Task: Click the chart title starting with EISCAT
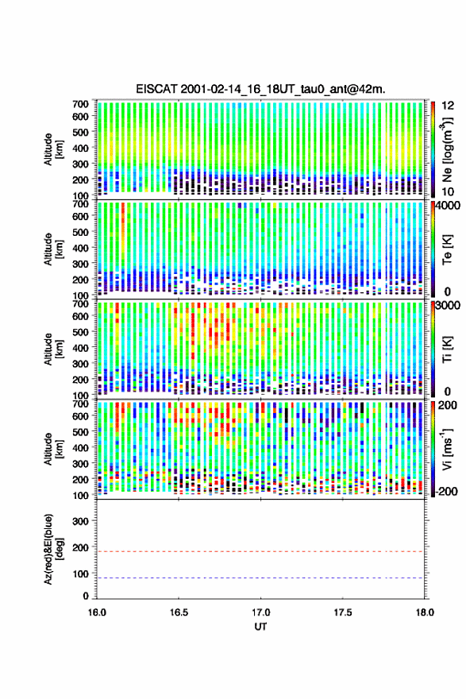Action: pyautogui.click(x=260, y=89)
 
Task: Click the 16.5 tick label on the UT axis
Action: pyautogui.click(x=179, y=612)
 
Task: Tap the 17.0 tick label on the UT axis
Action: pyautogui.click(x=260, y=612)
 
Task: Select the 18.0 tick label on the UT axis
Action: pyautogui.click(x=425, y=612)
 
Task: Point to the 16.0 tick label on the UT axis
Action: pyautogui.click(x=97, y=612)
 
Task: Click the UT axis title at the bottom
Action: pyautogui.click(x=260, y=627)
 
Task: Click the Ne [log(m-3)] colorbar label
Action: pyautogui.click(x=447, y=149)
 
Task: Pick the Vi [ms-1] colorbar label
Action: pyautogui.click(x=447, y=450)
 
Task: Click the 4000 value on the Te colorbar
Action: pyautogui.click(x=449, y=208)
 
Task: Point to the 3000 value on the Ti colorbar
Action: pyautogui.click(x=449, y=305)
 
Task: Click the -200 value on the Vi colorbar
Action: pyautogui.click(x=447, y=491)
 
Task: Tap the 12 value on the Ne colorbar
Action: pyautogui.click(x=448, y=105)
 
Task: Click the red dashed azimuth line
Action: pyautogui.click(x=260, y=551)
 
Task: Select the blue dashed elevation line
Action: pyautogui.click(x=260, y=578)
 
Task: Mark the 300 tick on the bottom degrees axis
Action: pyautogui.click(x=80, y=521)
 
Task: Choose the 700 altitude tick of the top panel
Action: pyautogui.click(x=80, y=104)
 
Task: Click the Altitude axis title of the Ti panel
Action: pyautogui.click(x=52, y=349)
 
